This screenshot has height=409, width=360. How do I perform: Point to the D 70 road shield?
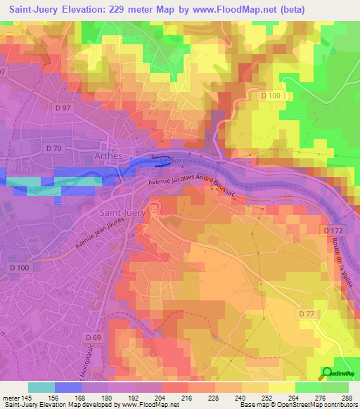[x=54, y=148]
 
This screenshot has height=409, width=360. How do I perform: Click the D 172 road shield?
[x=335, y=231]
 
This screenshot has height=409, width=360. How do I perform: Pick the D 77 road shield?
[x=307, y=313]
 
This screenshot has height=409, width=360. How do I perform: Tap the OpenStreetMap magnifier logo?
[x=328, y=373]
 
